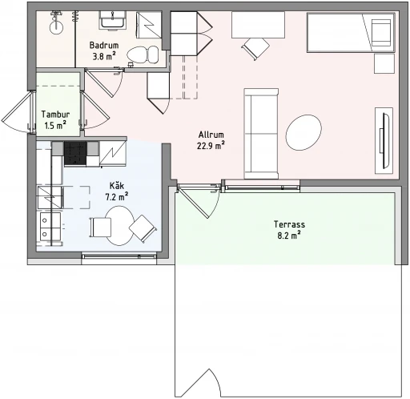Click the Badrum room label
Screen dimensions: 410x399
point(104,45)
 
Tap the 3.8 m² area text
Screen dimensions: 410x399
point(104,56)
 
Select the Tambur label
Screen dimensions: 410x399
point(55,115)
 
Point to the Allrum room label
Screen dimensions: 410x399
point(211,135)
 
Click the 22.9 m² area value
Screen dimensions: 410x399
point(211,146)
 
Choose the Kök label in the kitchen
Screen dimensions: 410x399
point(117,185)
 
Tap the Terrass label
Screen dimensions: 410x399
point(289,224)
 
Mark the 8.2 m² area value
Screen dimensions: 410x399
point(289,236)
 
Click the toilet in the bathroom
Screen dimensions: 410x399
point(143,55)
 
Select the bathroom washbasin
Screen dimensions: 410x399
point(112,20)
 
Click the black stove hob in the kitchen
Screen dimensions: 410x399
point(75,153)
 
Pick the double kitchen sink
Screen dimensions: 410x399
point(50,227)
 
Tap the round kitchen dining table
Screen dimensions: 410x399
point(119,226)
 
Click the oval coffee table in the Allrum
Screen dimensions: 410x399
point(303,133)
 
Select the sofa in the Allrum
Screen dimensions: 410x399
point(261,134)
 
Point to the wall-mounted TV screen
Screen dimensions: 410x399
point(386,141)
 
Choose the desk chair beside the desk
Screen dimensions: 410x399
point(255,49)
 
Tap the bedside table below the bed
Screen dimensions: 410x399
point(384,63)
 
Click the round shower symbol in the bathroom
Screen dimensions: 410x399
point(56,27)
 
